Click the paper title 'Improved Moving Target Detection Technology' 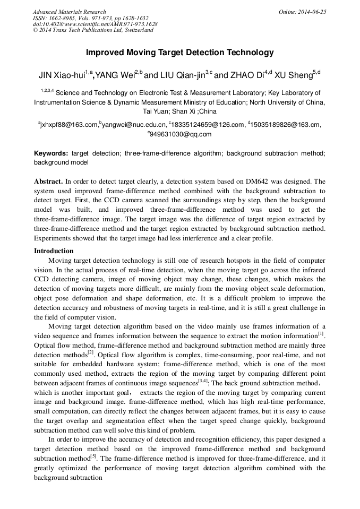[x=179, y=53]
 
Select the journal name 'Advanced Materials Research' [x=69, y=12]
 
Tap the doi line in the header [x=95, y=24]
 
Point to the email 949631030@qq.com [x=182, y=134]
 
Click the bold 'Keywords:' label [x=51, y=153]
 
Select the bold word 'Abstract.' [x=48, y=181]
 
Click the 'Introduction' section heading [x=54, y=251]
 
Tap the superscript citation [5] [x=93, y=455]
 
